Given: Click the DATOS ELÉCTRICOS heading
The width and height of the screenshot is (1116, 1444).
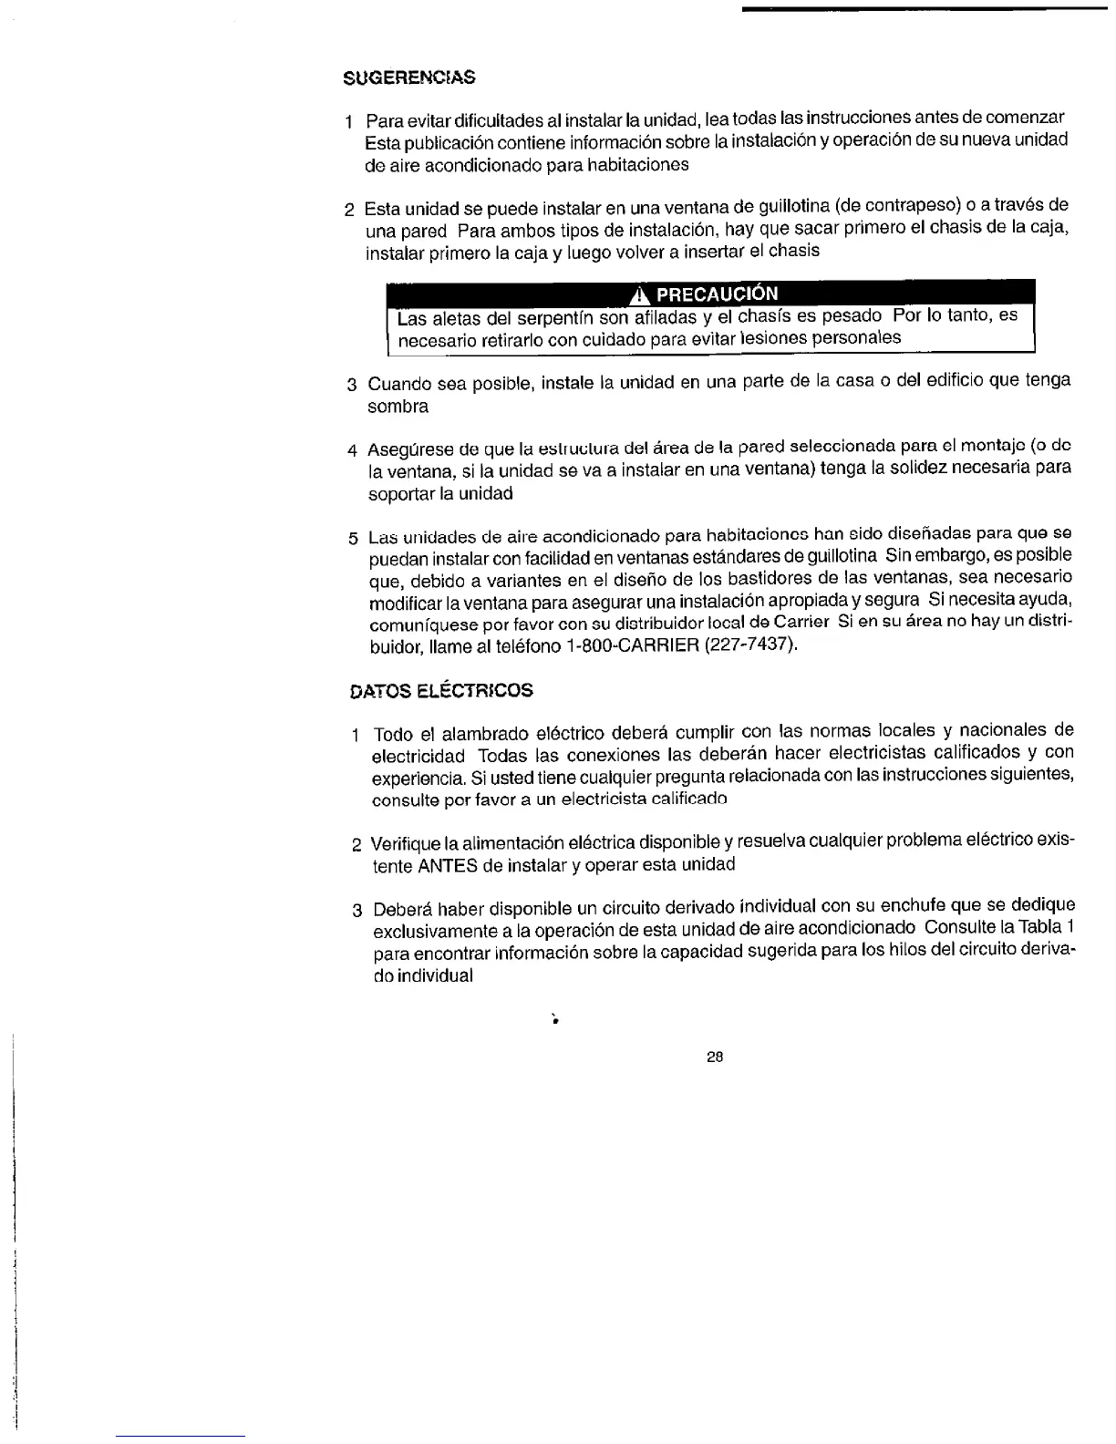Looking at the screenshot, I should point(441,690).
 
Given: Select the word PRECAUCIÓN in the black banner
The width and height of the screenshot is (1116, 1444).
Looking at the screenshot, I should point(718,294).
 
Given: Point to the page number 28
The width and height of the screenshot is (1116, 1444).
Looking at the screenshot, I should point(715,1057).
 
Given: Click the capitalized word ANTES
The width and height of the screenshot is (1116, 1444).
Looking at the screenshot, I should point(448,864).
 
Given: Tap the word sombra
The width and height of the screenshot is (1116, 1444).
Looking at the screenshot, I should point(398,407).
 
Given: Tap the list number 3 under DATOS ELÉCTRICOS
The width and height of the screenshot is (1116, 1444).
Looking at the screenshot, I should point(357,911).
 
